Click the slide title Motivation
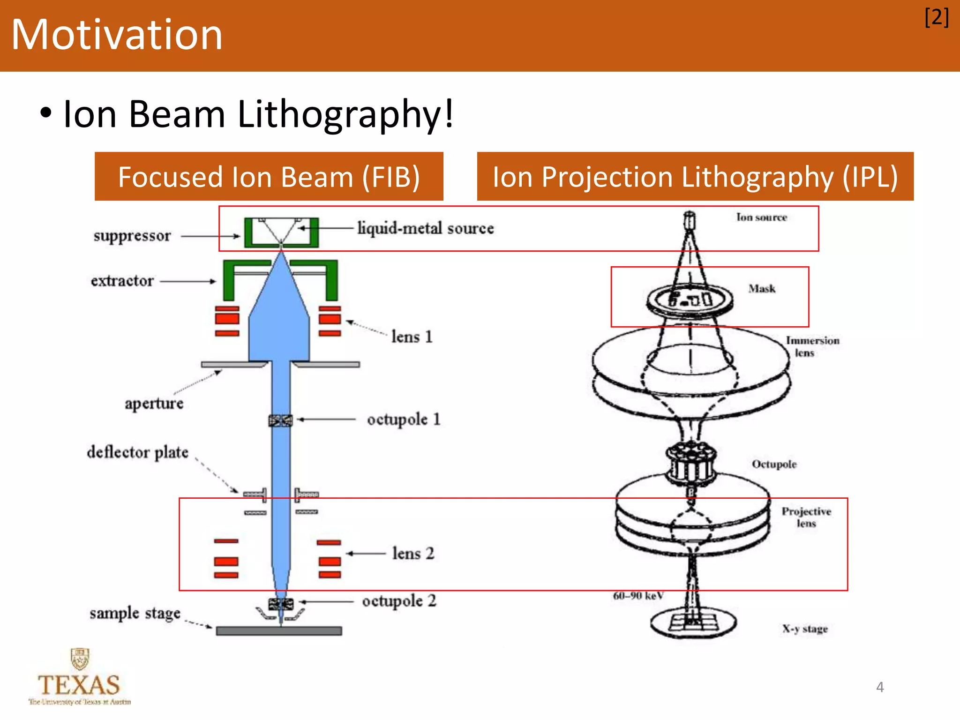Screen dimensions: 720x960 [x=117, y=35]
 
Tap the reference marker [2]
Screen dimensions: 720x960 [x=936, y=18]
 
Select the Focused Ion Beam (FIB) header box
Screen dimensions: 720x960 [x=269, y=177]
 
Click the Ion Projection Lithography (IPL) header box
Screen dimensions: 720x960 [x=695, y=177]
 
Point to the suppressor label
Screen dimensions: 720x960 [x=132, y=236]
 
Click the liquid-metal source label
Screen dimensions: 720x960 [x=425, y=228]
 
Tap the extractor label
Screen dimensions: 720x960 [x=122, y=281]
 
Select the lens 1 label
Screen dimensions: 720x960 [x=412, y=337]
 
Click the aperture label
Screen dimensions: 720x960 [x=154, y=403]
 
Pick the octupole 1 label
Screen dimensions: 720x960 [x=404, y=419]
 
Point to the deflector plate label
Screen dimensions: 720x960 [x=138, y=452]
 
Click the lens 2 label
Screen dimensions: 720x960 [x=413, y=554]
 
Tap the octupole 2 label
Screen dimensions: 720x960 [x=399, y=601]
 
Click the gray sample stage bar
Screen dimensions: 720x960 [x=279, y=631]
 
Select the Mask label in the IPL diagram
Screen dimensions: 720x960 [x=762, y=289]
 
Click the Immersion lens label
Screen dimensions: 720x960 [x=812, y=346]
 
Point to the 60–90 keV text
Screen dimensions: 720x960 [x=638, y=596]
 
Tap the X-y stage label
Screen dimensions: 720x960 [x=804, y=629]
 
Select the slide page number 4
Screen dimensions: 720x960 [x=880, y=687]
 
